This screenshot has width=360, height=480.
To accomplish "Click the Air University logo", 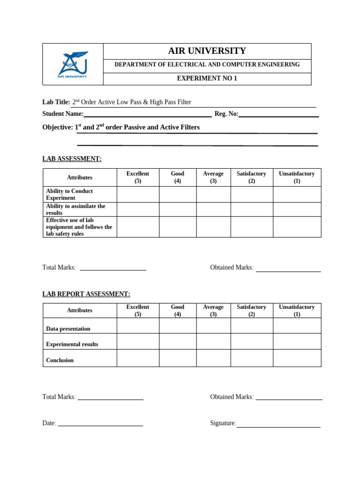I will pos(73,64).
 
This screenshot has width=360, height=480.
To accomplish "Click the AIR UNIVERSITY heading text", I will pos(207,51).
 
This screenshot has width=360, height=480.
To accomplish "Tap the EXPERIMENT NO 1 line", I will pos(207,79).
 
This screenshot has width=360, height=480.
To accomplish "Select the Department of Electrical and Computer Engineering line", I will pos(207,65).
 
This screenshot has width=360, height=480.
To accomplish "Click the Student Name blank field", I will pos(147,113).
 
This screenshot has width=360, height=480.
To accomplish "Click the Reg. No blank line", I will pos(278,113).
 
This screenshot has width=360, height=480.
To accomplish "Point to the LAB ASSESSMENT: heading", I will pos(72,159).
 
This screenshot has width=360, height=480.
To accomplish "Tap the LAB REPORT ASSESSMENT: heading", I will pos(86,294).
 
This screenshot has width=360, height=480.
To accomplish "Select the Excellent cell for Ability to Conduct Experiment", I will pos(138,195).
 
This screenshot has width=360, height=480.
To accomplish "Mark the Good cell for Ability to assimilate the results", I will pos(178,210).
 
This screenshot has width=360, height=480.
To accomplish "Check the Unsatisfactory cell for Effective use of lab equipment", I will pos(297,227).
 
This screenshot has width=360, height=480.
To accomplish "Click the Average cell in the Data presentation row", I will pos(213,326).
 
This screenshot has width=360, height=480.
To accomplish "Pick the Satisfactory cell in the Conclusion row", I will pos(252,358).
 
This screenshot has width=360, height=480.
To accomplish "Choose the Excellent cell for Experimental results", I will pos(138,341).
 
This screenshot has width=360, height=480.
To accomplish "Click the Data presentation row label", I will pos(68,329).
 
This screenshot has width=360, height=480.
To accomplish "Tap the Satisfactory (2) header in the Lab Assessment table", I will pos(252,177).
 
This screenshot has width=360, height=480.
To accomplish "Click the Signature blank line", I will pos(278,424).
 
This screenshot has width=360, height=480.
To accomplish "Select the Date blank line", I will pos(100,423).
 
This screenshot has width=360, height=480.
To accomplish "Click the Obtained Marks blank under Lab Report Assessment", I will pos(289,397).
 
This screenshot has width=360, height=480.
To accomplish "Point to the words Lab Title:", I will pos(56,102).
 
